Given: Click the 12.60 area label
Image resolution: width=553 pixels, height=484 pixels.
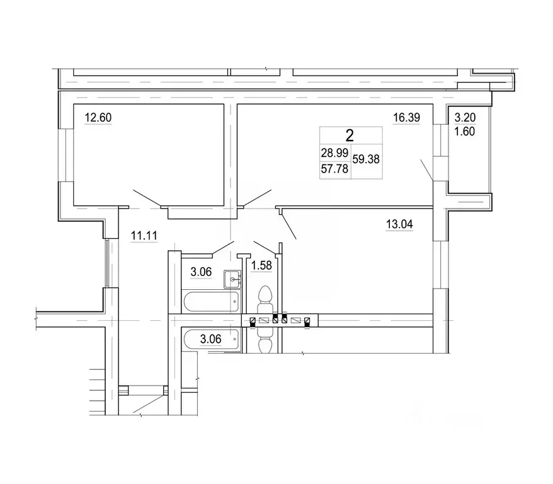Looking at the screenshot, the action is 98,117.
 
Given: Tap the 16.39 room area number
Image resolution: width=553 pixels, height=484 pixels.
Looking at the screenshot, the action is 406,117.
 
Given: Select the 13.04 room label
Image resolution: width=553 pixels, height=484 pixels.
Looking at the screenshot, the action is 399,224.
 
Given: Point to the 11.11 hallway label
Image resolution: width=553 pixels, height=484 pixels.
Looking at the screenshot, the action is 144,235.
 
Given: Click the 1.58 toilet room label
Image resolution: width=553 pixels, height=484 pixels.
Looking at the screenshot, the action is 261,265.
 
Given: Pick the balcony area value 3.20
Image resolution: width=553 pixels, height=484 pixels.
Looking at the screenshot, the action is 465,117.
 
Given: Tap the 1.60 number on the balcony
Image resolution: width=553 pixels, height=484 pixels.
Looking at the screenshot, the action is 464,132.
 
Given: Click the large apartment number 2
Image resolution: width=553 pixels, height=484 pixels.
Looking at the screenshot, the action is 350,135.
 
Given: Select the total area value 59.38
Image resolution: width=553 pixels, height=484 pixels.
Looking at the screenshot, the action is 366,159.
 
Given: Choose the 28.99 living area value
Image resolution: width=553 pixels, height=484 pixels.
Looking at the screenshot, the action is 334,153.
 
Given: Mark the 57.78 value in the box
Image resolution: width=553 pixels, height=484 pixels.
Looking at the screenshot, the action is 334,169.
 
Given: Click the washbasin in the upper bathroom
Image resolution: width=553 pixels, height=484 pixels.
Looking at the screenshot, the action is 232,279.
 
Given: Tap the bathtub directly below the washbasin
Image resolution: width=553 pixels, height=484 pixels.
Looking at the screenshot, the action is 211,302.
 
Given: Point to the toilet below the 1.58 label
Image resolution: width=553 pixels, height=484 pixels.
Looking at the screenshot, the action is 265,299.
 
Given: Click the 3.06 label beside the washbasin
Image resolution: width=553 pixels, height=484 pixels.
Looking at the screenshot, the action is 201,272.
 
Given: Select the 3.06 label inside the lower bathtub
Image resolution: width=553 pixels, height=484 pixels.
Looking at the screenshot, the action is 210,339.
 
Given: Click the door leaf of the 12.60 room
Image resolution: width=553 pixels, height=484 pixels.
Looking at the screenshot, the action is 147,198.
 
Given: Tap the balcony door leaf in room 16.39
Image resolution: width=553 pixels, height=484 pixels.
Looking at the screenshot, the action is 427,170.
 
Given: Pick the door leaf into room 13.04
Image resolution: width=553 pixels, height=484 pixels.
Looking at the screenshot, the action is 288,226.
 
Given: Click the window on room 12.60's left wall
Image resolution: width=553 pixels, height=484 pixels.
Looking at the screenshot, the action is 66,155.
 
